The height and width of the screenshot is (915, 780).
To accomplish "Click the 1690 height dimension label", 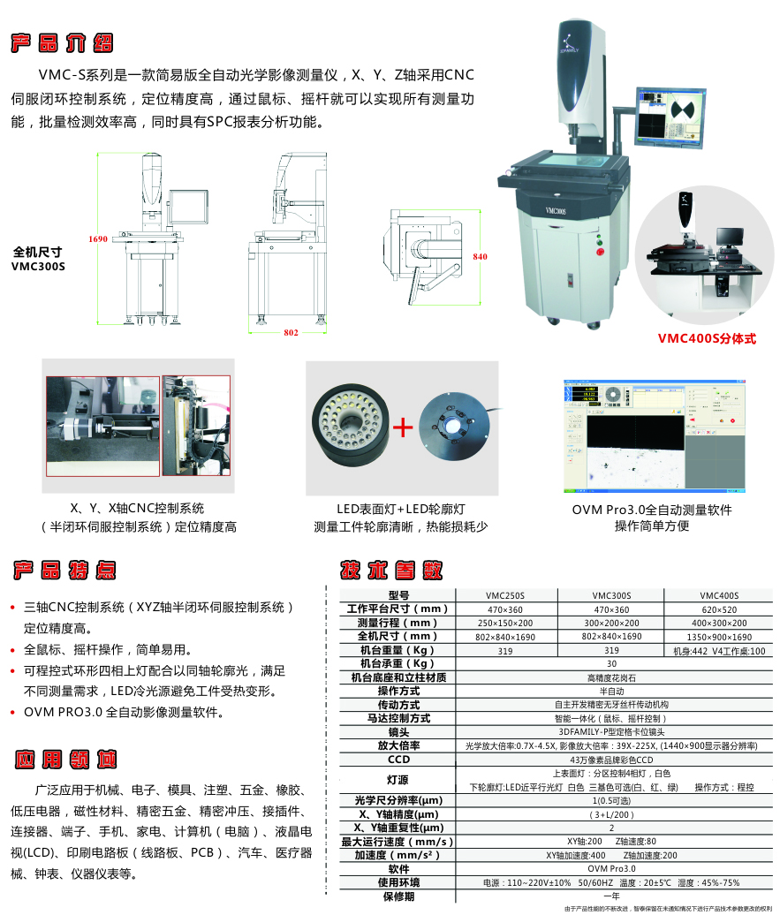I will click(97, 238).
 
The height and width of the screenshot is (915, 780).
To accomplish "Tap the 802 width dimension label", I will click(291, 333).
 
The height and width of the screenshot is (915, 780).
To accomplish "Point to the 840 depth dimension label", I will click(480, 256).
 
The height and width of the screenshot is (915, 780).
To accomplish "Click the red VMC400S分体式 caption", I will click(707, 337).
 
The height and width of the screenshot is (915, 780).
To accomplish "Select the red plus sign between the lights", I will click(403, 428).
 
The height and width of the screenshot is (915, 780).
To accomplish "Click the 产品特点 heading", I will click(63, 570).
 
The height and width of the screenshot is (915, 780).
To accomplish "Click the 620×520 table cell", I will click(718, 609).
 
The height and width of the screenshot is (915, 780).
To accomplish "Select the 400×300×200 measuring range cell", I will click(718, 623).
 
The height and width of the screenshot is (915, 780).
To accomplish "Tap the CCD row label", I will click(398, 760).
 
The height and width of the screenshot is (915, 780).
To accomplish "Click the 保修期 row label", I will click(398, 896).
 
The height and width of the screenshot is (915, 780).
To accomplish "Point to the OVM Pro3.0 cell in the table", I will click(610, 869).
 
